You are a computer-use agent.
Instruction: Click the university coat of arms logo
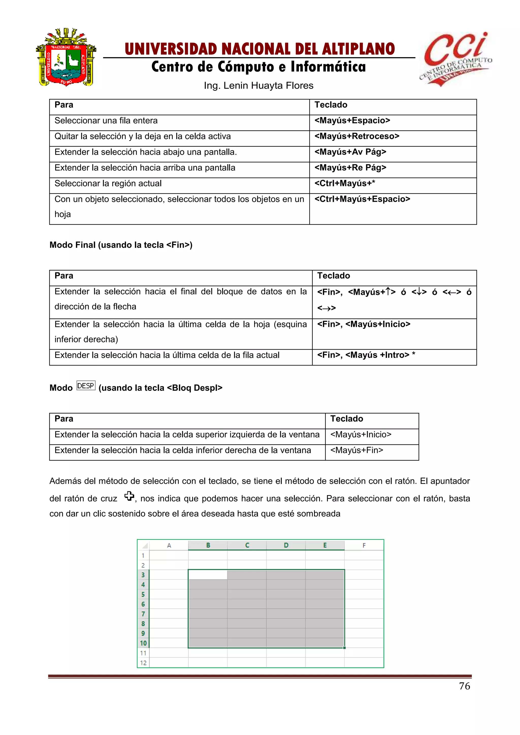[66, 58]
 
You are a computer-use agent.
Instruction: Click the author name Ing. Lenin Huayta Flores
[258, 86]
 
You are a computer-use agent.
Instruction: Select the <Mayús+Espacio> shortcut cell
[352, 121]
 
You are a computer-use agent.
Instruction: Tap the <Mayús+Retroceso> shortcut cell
[357, 136]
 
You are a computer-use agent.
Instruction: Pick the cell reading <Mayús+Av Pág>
[350, 152]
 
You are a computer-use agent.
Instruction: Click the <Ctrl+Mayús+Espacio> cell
[362, 199]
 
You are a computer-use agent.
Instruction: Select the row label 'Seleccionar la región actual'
[108, 183]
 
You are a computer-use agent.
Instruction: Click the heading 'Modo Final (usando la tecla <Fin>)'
[121, 245]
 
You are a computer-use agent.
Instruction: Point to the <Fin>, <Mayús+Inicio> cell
[364, 324]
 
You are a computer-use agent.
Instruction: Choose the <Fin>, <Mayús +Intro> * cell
[366, 355]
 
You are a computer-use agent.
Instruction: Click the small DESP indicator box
[86, 386]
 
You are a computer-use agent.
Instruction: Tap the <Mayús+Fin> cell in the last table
[357, 450]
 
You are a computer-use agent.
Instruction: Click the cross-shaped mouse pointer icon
[129, 496]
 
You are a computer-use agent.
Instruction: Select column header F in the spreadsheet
[364, 545]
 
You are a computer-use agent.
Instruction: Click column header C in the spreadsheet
[247, 545]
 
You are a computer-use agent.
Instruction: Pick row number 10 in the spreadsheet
[143, 643]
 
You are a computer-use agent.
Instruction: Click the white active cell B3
[208, 575]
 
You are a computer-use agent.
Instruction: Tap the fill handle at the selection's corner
[344, 648]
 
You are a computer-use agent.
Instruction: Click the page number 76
[464, 686]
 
